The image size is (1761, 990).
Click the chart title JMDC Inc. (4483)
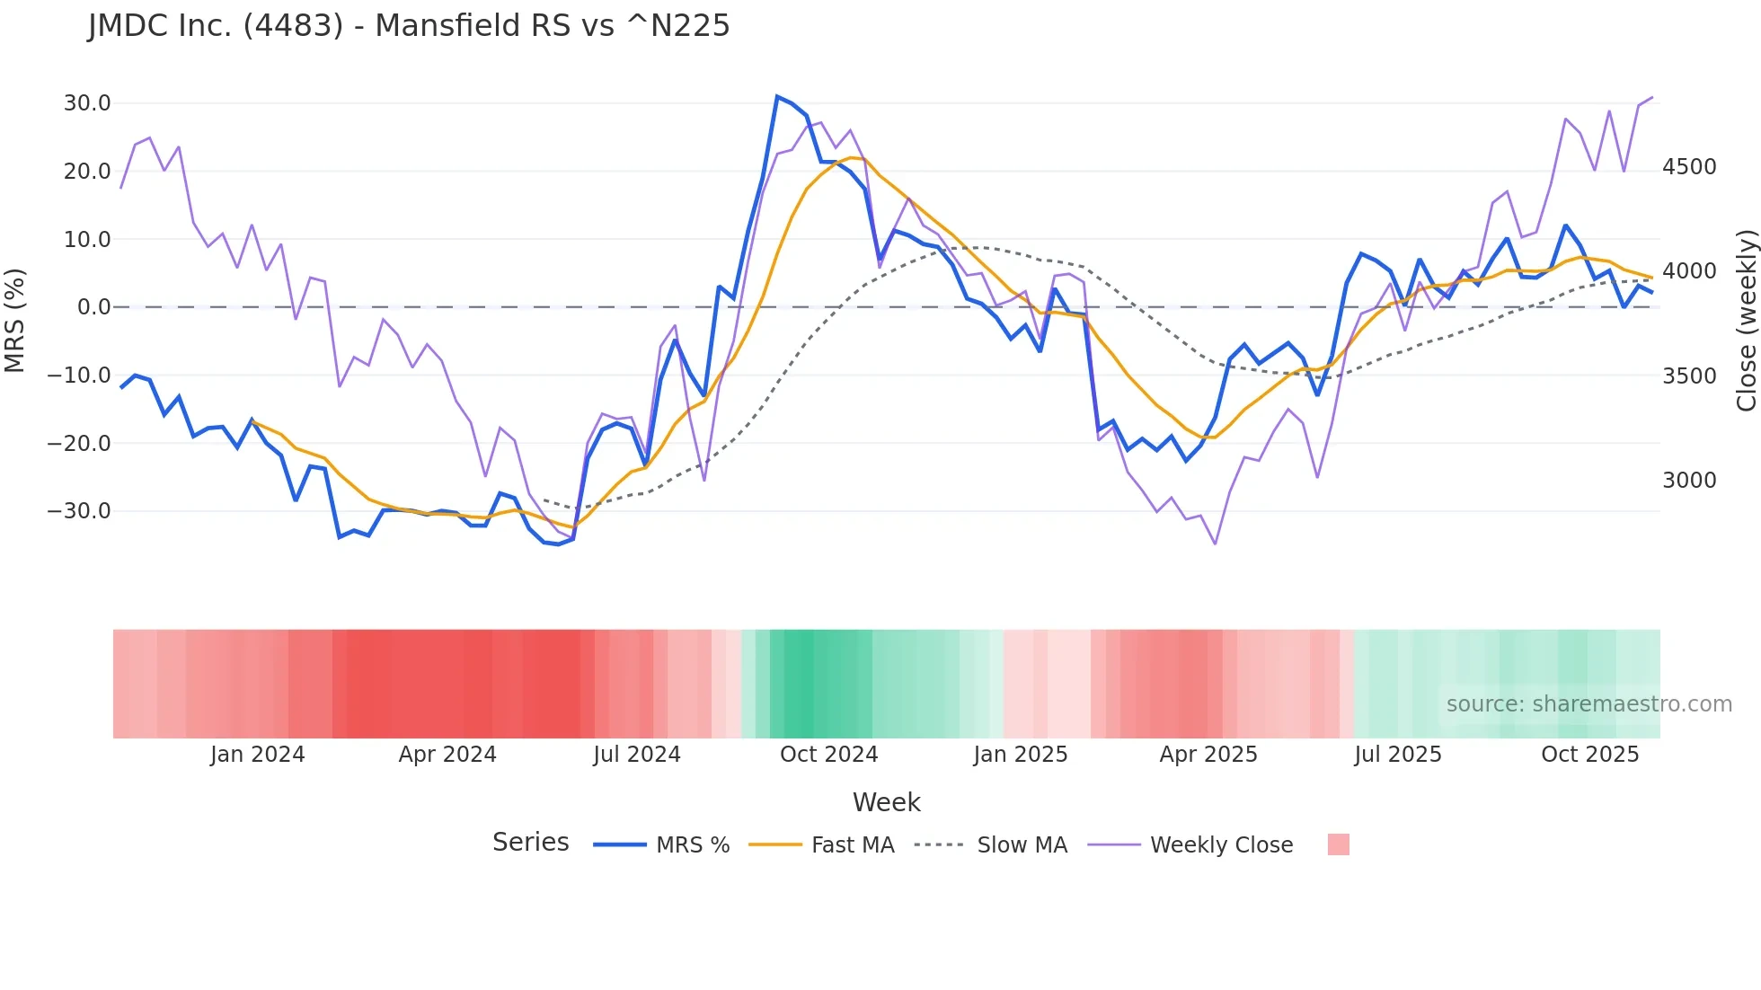409,25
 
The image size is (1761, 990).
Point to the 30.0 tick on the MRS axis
87,103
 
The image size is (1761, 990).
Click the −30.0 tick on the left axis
80,511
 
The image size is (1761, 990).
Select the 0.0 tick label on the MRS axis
94,307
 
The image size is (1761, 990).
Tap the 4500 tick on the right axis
1689,167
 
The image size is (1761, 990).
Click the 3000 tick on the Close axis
1689,481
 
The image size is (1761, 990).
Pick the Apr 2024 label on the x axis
447,755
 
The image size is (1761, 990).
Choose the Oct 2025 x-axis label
1589,755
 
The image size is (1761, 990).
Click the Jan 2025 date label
1020,755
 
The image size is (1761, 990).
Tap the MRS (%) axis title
15,320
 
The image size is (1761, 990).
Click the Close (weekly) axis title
1746,320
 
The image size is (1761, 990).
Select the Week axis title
886,802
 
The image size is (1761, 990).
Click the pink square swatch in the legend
1338,844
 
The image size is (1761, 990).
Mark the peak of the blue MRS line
777,96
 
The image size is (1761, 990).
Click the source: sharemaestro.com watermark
1588,704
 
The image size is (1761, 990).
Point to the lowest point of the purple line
1215,544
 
